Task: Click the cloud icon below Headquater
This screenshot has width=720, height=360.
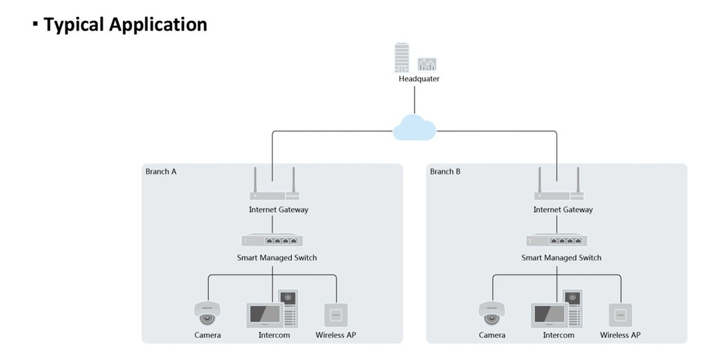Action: (415, 127)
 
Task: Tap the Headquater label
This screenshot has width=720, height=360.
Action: (419, 79)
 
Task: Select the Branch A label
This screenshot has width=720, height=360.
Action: (161, 172)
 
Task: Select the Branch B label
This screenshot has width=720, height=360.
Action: (445, 172)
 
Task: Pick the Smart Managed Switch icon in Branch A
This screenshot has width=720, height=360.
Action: (272, 240)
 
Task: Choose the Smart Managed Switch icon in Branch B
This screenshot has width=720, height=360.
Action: (557, 240)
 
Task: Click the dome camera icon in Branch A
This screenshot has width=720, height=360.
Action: (207, 313)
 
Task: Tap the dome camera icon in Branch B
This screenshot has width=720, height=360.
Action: (492, 313)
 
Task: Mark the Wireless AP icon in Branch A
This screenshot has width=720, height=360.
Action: (336, 314)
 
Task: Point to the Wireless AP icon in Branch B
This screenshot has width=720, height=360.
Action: (621, 314)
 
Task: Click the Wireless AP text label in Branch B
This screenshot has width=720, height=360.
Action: (620, 335)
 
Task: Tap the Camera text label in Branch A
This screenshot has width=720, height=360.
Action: (207, 335)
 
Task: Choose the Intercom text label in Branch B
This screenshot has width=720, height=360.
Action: (558, 335)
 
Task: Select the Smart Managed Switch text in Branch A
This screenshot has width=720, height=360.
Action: (277, 258)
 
